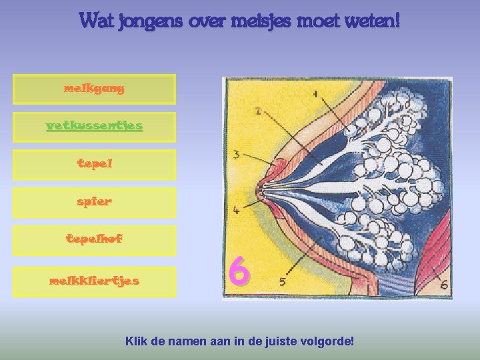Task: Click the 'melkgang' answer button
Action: tap(94, 89)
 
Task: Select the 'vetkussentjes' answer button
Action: tap(94, 126)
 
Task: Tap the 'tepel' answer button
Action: tap(94, 164)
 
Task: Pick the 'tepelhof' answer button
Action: tap(94, 239)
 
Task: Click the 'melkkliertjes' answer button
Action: tap(94, 281)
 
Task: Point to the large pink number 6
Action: tap(239, 272)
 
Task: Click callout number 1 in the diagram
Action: tap(314, 93)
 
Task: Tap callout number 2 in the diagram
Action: tap(257, 110)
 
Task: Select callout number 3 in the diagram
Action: tap(236, 155)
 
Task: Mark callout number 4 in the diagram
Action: tap(236, 210)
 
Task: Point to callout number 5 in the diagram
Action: tap(283, 282)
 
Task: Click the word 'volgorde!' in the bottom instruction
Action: tap(326, 341)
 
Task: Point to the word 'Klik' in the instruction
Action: tap(136, 341)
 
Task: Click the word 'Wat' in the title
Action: tap(97, 21)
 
